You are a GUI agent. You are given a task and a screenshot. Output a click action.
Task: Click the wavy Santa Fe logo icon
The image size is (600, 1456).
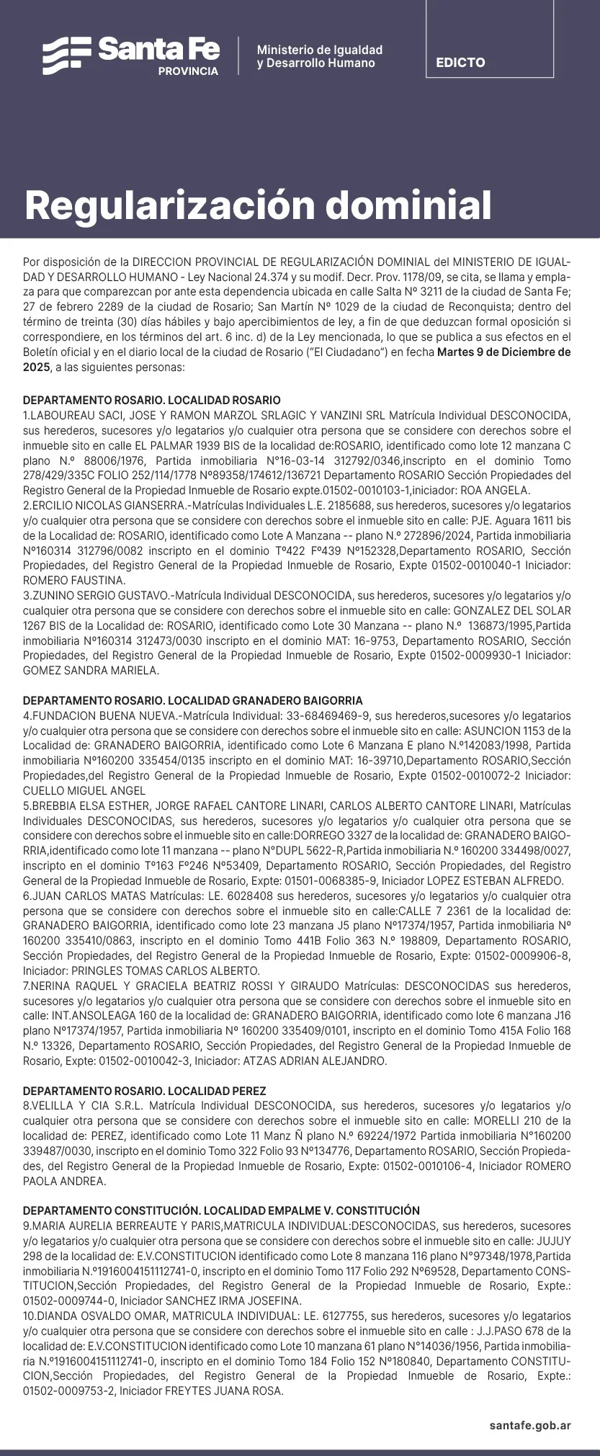point(66,55)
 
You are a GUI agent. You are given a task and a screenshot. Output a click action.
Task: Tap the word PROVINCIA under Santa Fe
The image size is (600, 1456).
point(188,72)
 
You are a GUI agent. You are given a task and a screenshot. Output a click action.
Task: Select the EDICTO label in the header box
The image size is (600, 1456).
point(460,63)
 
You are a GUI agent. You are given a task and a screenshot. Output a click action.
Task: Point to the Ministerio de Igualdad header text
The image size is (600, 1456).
point(319,50)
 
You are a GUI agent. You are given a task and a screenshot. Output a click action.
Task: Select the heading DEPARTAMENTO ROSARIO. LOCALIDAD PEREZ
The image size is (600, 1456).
point(144,1091)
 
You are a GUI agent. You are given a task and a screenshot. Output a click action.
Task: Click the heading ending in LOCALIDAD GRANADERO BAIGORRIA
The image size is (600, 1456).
point(192,700)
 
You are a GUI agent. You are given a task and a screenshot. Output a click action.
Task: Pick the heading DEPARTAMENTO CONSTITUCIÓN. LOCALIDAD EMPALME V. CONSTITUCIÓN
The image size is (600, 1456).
point(221,1210)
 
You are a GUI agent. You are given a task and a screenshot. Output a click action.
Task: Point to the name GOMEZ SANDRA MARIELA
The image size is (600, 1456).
point(91,670)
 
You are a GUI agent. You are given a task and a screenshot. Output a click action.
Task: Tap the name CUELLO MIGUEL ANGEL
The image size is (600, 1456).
point(84,790)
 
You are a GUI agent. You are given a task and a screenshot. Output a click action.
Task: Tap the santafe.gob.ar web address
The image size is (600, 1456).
point(530,1424)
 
